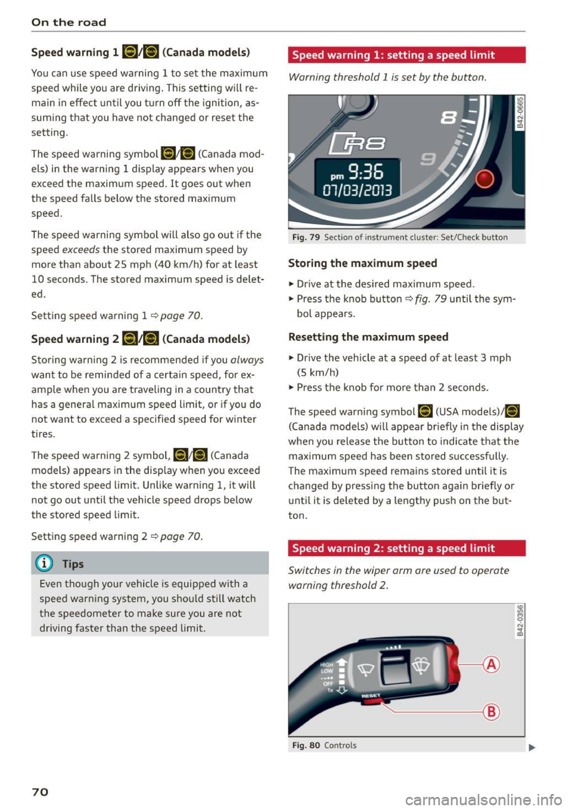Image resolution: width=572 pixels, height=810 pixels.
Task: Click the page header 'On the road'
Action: click(69, 22)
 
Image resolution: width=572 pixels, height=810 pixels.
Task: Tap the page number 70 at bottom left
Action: click(40, 792)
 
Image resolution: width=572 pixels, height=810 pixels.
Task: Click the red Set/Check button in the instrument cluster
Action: click(484, 179)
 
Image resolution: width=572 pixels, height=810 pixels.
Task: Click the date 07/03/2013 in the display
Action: click(357, 190)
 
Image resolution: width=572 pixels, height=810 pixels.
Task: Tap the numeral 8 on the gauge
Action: click(449, 117)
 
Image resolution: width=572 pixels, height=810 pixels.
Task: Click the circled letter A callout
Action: click(492, 664)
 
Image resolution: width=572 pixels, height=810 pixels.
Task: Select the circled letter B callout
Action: click(492, 711)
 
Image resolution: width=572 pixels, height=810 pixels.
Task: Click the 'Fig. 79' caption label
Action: click(306, 237)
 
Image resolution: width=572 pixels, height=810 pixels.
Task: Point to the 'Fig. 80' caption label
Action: click(306, 745)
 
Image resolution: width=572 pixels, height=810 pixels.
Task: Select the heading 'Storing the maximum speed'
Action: click(362, 263)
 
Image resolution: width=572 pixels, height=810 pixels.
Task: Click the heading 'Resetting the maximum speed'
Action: click(368, 337)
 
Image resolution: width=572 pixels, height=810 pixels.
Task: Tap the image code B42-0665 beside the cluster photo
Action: click(520, 112)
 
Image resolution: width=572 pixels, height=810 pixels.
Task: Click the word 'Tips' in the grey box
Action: click(73, 564)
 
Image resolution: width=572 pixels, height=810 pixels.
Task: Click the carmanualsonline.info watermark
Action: click(483, 799)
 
